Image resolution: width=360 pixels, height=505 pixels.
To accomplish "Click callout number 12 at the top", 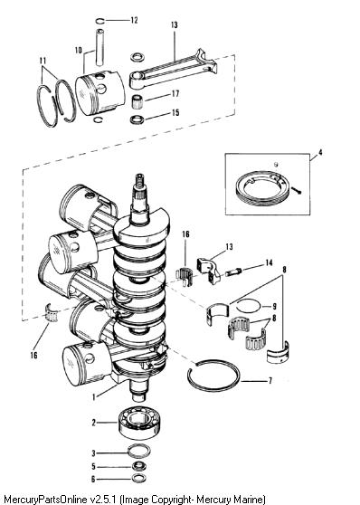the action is [134, 20].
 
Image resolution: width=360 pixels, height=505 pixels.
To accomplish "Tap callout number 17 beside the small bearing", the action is [175, 94].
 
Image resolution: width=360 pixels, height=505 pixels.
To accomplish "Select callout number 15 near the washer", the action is [175, 113].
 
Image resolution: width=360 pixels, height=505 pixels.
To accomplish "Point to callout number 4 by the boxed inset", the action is [320, 152].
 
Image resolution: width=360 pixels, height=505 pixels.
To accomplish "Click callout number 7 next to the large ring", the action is [270, 381].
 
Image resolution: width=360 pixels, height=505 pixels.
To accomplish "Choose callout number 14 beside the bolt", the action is [269, 263].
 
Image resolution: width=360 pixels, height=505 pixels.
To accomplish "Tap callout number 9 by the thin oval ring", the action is [274, 306].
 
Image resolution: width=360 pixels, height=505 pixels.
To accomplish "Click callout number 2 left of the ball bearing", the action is [94, 423].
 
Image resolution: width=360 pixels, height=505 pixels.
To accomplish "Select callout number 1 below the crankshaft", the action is [94, 397].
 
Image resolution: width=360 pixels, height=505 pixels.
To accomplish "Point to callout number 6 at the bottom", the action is [93, 479].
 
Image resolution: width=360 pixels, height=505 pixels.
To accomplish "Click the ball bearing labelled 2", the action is [139, 424].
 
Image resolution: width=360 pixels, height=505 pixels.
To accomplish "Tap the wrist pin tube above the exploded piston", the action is [100, 47].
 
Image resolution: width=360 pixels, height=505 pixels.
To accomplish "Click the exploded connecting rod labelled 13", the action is [174, 69].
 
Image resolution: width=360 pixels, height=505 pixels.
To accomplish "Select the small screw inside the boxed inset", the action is [298, 190].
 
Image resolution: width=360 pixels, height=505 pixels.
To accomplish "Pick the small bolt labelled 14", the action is [233, 272].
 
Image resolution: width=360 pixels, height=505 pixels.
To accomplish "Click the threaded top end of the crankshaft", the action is [140, 181].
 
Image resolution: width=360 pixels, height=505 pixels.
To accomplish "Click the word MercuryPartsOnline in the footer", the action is [44, 500].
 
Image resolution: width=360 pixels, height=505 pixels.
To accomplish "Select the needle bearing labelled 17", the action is [137, 101].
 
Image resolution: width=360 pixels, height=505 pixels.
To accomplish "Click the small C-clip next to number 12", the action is [100, 21].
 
